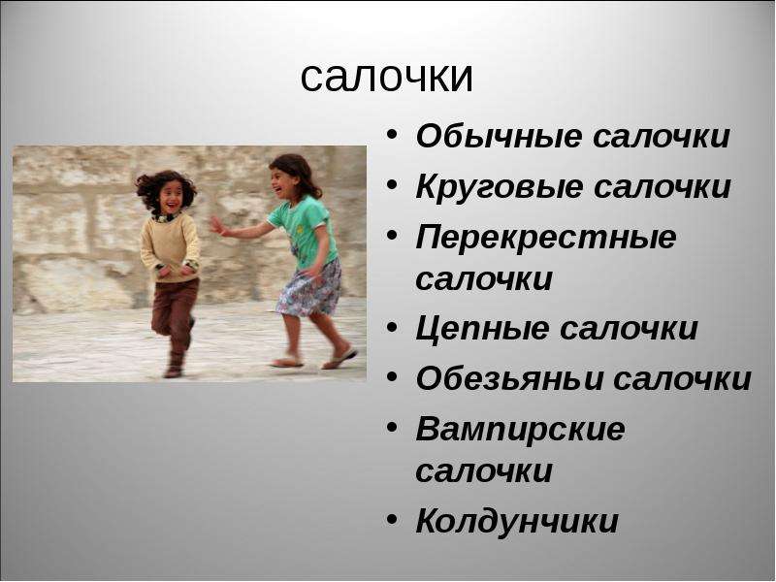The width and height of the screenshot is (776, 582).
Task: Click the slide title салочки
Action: (386, 78)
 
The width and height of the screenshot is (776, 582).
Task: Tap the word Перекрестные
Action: (546, 238)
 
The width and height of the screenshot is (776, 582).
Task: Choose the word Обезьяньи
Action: (510, 378)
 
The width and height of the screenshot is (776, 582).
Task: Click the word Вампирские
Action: (520, 429)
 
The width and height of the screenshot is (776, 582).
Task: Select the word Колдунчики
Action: (517, 521)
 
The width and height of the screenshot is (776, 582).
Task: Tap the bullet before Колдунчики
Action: (392, 519)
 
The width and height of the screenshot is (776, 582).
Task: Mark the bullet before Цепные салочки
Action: (392, 327)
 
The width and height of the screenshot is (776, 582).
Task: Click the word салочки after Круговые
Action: (663, 187)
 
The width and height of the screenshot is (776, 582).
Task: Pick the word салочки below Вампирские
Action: (484, 470)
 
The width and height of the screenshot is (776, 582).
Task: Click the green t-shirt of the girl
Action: (302, 230)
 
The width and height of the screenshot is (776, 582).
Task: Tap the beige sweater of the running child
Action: (170, 246)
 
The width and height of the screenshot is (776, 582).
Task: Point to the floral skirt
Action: (310, 288)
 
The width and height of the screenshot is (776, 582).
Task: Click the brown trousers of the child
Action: (174, 310)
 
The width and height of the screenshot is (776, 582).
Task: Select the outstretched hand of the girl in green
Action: (216, 225)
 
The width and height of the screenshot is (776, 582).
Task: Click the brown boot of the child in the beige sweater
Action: (175, 365)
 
